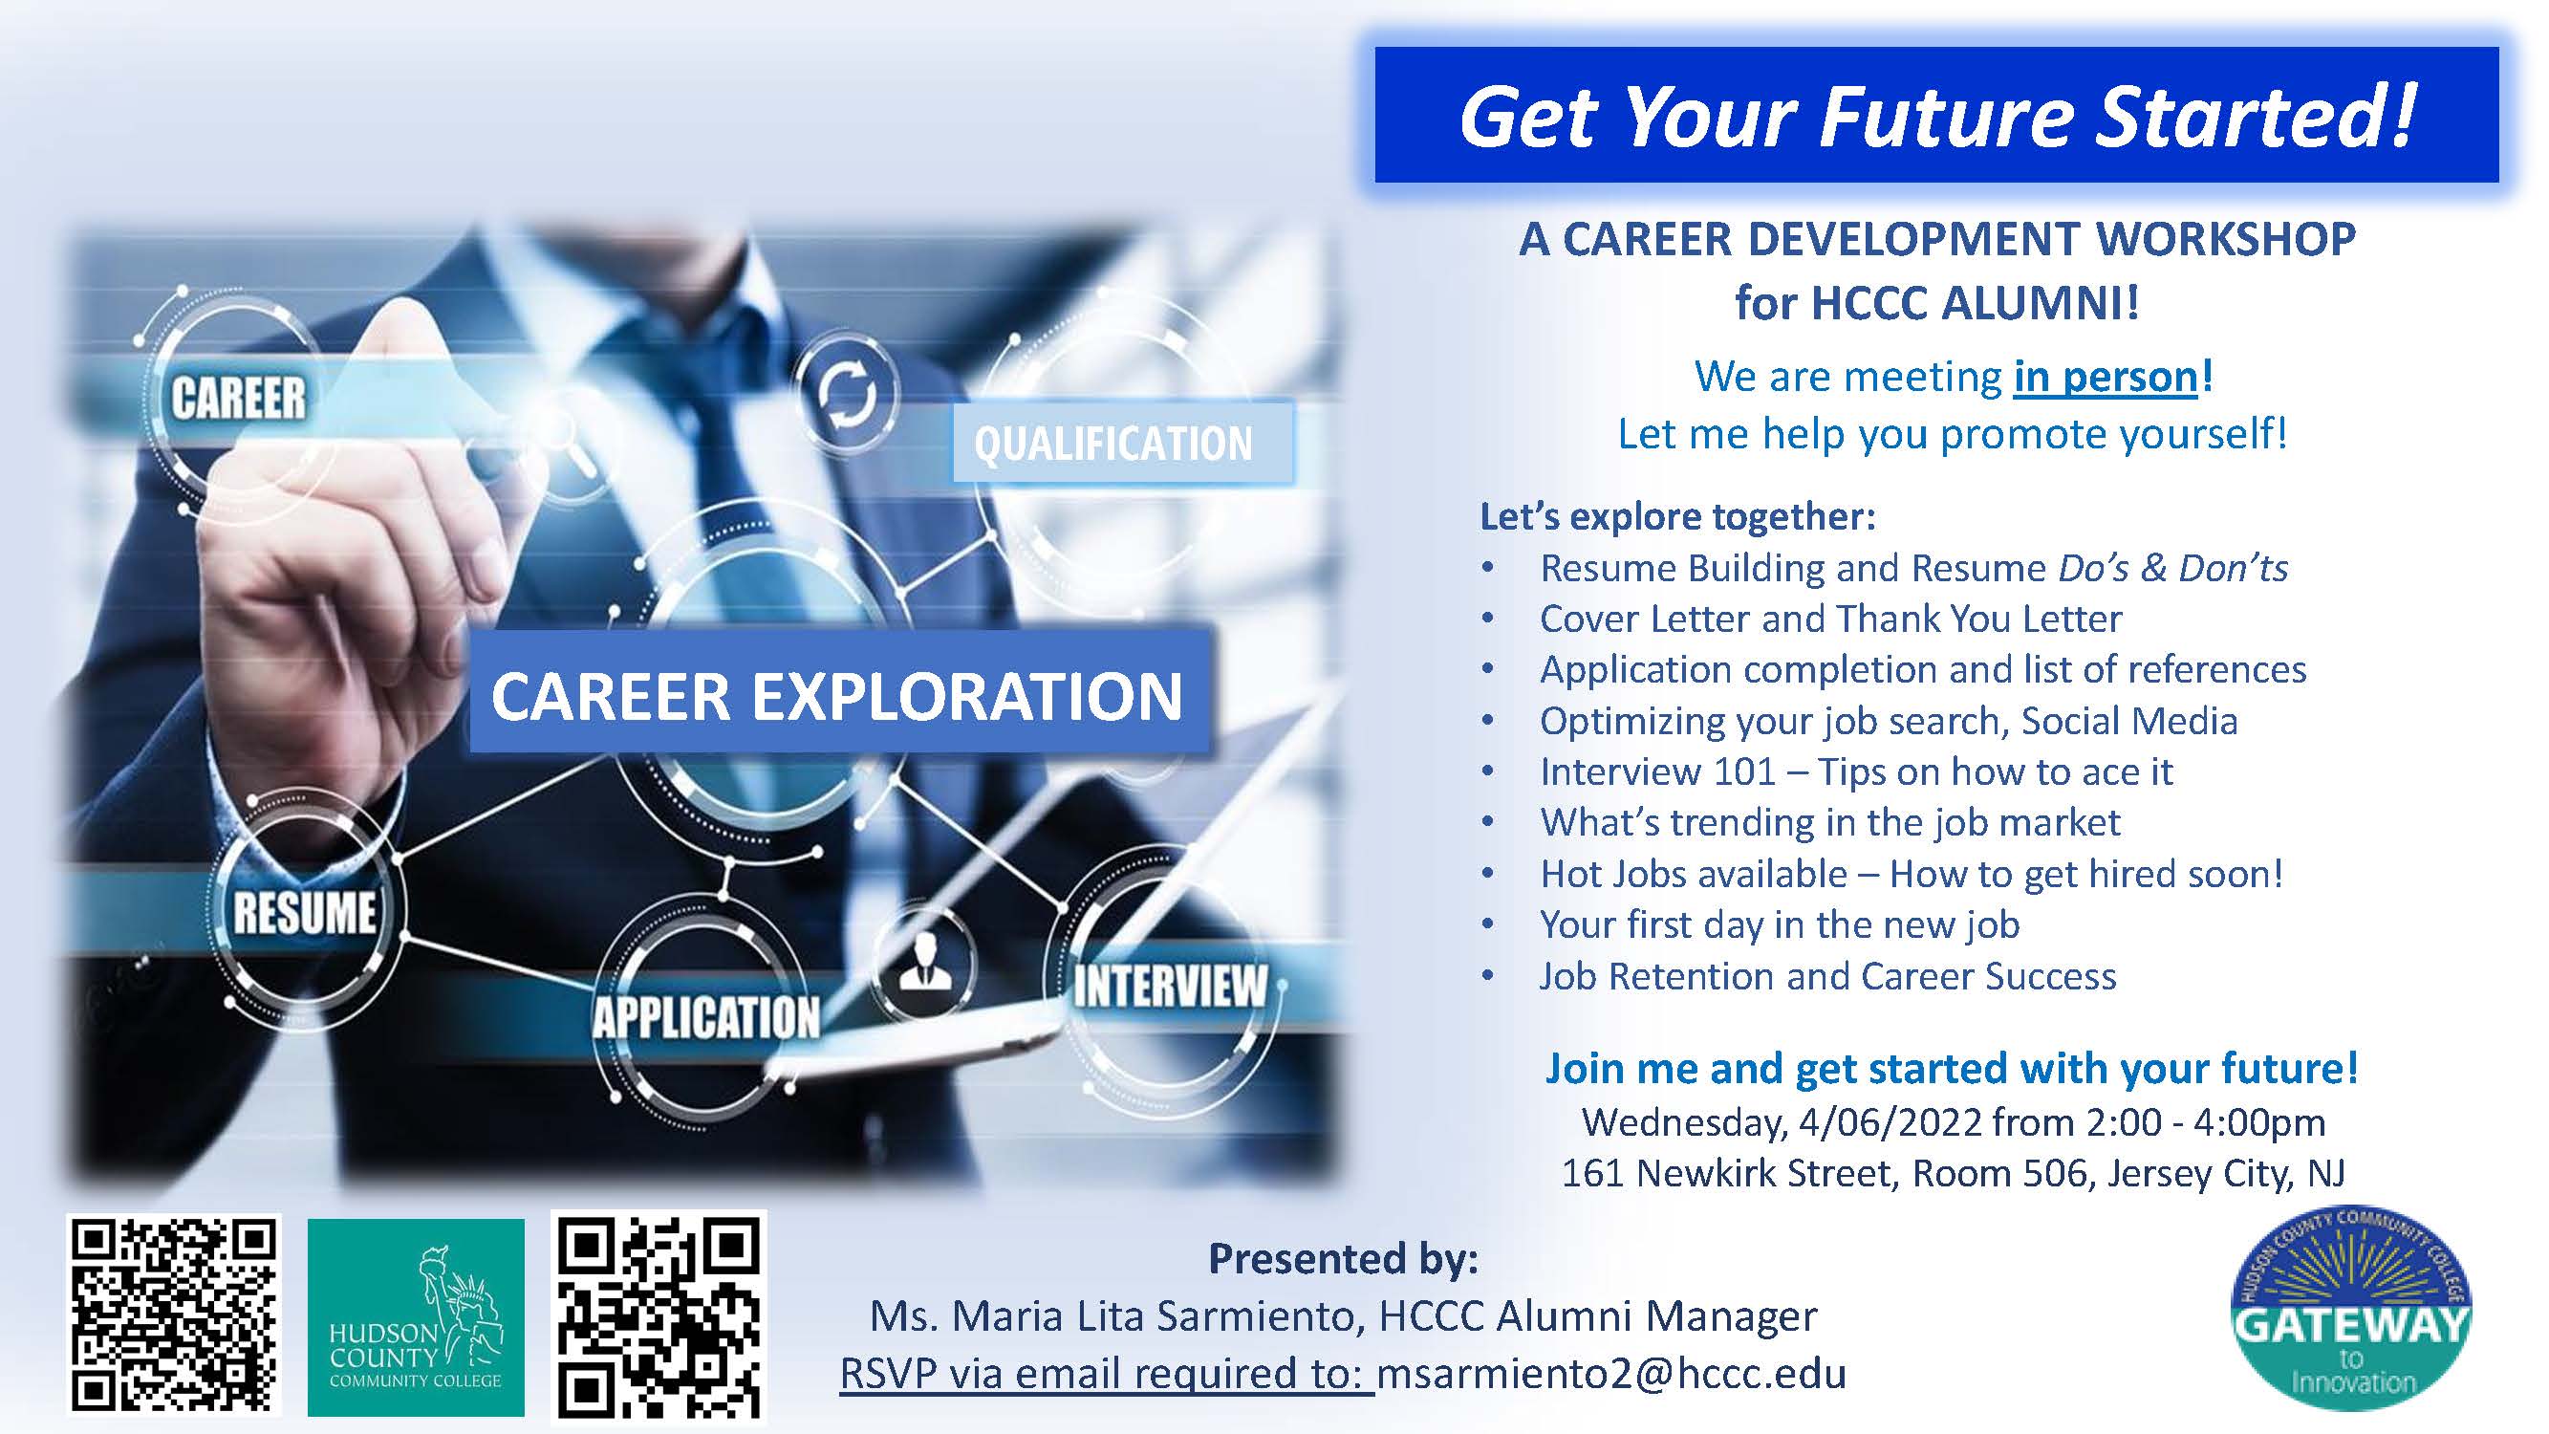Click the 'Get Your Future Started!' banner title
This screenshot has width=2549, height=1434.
click(x=1936, y=117)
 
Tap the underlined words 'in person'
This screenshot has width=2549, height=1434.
click(x=2105, y=377)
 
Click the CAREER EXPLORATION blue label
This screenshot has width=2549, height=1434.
click(x=838, y=694)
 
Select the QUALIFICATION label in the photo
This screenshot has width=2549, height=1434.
click(x=1114, y=443)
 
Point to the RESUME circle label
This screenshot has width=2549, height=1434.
click(x=304, y=911)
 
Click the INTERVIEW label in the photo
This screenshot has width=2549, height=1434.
click(x=1171, y=986)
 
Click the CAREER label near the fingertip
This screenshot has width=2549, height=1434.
click(x=239, y=398)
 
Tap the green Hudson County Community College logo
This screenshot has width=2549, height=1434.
click(x=416, y=1317)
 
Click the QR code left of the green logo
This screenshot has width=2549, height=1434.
click(x=174, y=1315)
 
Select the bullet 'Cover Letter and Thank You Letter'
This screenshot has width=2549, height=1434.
click(x=1830, y=619)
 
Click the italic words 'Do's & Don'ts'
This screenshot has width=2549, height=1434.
click(x=2173, y=568)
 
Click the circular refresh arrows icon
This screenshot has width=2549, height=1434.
click(x=846, y=393)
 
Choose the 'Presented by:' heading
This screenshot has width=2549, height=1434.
click(x=1343, y=1259)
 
